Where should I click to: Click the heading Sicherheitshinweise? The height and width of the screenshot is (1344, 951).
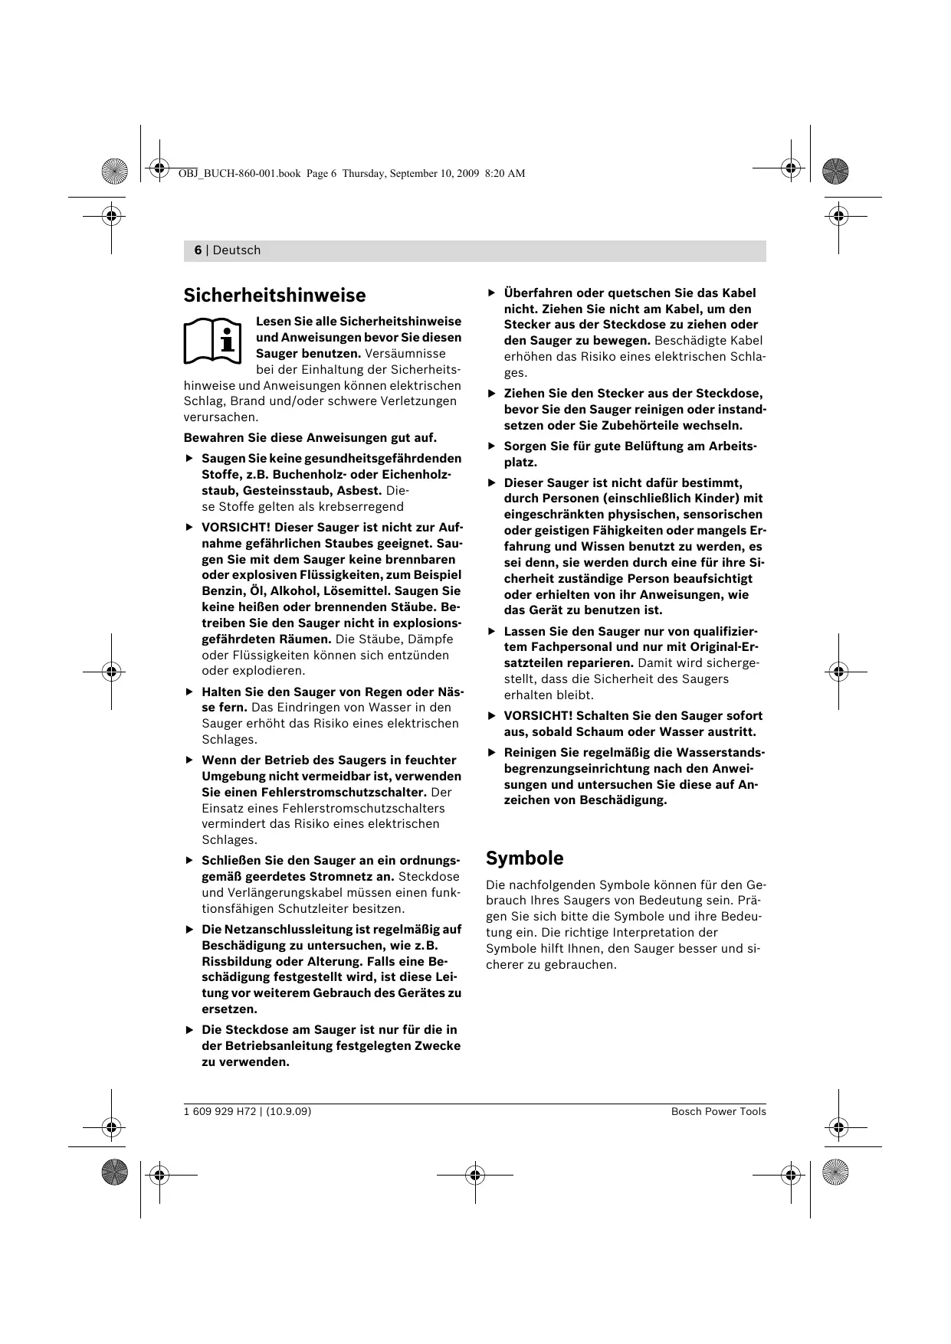coord(274,296)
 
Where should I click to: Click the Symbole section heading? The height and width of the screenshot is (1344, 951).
coord(525,858)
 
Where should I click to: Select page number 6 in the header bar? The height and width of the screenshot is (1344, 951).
coord(198,250)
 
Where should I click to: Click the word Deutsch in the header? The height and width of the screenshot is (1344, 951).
coord(237,250)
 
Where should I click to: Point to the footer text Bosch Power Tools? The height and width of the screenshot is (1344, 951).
coord(718,1111)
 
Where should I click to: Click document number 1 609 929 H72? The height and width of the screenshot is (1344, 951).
coord(219,1111)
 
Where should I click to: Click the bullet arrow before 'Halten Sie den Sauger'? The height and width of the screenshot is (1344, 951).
coord(190,692)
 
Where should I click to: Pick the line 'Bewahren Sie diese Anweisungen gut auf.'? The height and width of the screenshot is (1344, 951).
coord(310,438)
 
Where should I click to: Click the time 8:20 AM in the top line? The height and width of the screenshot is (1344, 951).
coord(505,173)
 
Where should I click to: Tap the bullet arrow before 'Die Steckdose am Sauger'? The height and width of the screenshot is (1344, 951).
coord(190,1030)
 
